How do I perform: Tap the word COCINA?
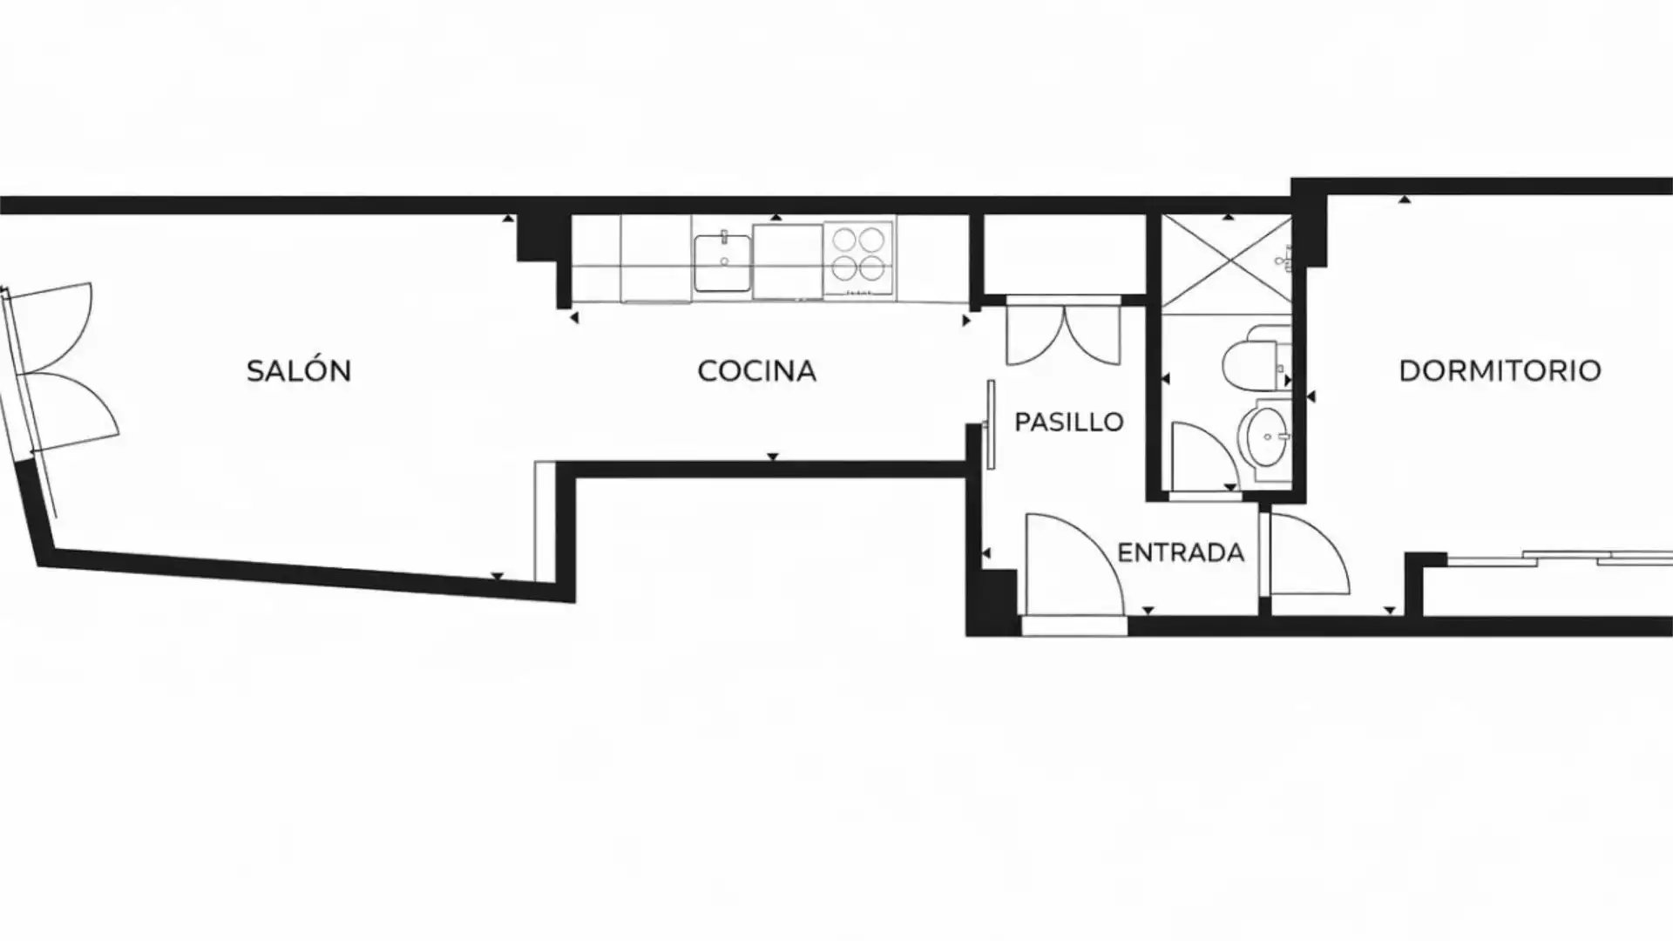tap(756, 371)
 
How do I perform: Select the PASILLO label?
tap(1069, 423)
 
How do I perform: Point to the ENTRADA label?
tap(1181, 552)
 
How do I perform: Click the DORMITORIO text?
tap(1500, 371)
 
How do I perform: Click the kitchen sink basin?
tap(721, 263)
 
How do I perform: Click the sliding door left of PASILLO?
tap(991, 425)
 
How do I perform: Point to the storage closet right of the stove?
tap(1064, 254)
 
